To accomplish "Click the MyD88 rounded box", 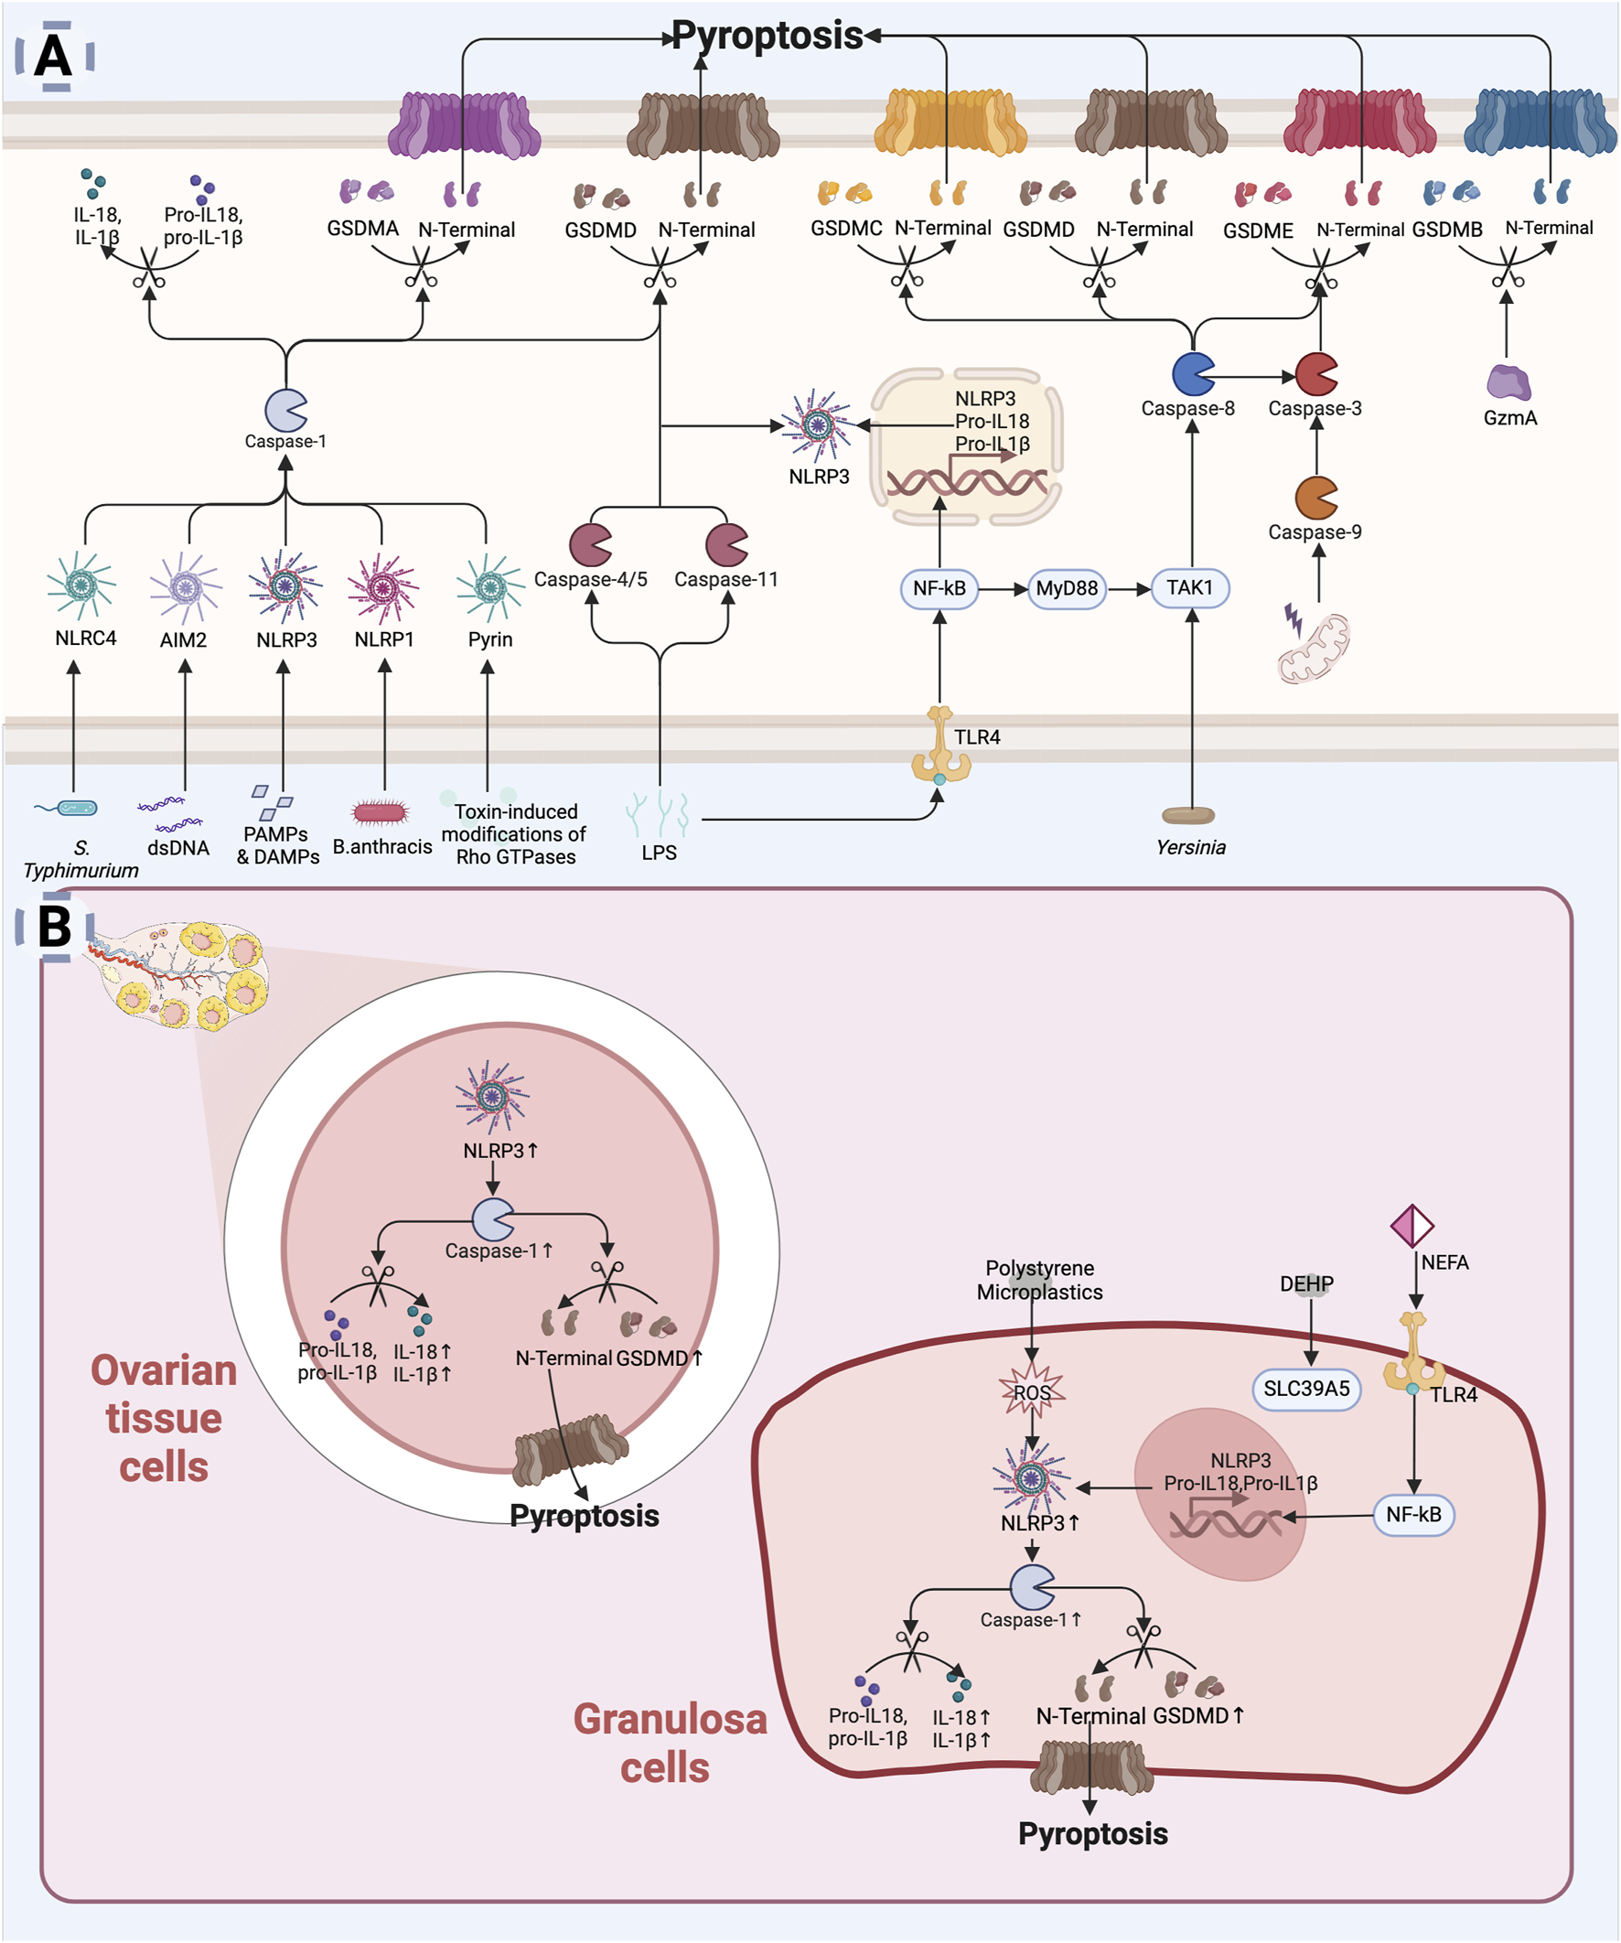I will (1067, 588).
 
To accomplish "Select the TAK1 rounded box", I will (1190, 588).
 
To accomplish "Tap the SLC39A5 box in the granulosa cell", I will (1306, 1389).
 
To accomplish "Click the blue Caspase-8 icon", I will (1193, 374).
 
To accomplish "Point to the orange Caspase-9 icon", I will (1315, 498).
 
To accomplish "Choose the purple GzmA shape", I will (1508, 382).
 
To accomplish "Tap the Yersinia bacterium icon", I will (1188, 815).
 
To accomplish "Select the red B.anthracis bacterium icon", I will (381, 812).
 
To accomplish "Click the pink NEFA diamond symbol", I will (1412, 1226).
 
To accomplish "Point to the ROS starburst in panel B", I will (1032, 1391).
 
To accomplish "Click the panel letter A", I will (54, 56).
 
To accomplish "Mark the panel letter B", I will (55, 926).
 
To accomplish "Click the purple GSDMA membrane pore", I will (465, 126).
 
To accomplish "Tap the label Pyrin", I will (490, 639).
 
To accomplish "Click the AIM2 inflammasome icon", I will (186, 587).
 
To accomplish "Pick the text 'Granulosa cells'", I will (669, 1744).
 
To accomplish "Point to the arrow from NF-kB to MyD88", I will (1003, 588).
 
